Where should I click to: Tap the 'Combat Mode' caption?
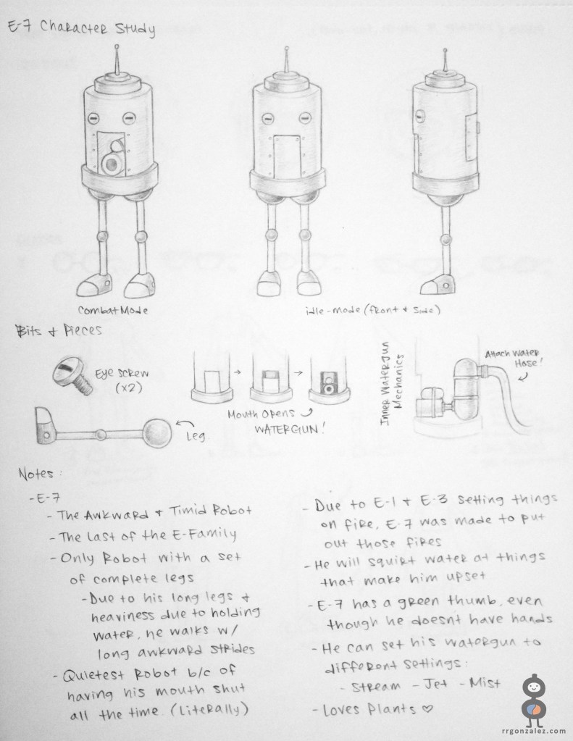tap(112, 311)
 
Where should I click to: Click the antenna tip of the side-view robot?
tap(444, 50)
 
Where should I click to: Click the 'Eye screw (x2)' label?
tap(122, 380)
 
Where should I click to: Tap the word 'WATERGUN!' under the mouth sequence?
tap(290, 430)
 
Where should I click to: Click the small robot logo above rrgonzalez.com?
tap(534, 701)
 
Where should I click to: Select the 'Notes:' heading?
tap(40, 473)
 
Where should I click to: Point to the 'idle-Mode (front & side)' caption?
tap(373, 311)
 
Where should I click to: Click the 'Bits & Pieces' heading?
tap(59, 330)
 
